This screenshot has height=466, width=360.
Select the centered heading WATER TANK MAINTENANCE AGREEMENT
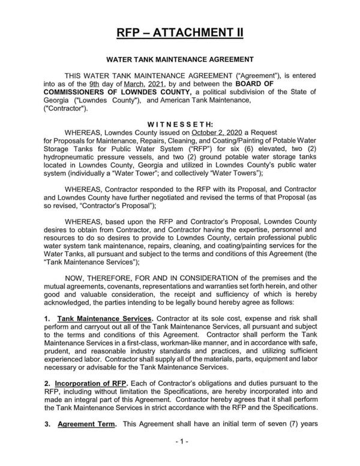click(179, 60)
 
